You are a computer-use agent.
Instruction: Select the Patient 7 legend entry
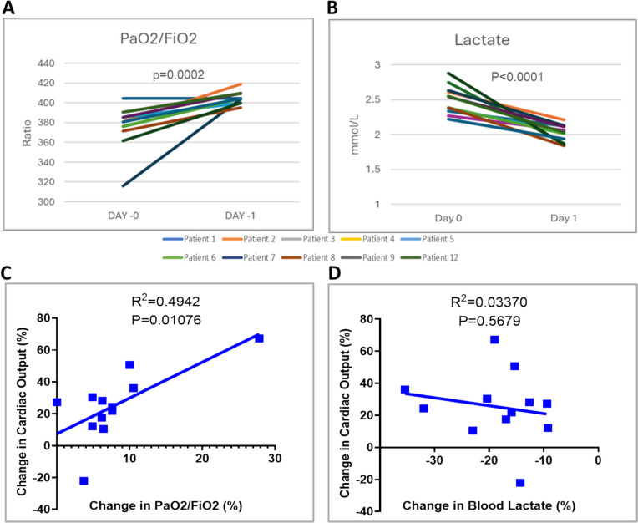(240, 257)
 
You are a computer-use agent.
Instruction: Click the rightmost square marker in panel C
(259, 338)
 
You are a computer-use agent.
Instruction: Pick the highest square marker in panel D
(494, 340)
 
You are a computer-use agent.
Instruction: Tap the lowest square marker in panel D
(520, 483)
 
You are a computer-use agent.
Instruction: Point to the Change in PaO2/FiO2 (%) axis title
(165, 506)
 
